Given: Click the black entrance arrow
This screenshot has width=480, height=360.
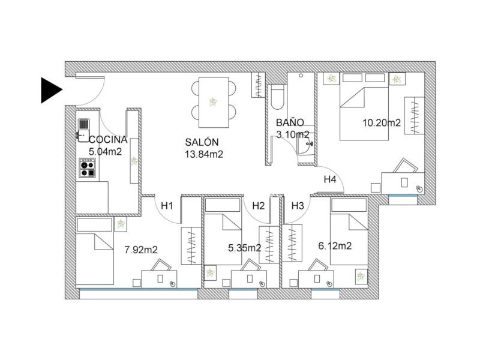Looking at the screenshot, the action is click(52, 90).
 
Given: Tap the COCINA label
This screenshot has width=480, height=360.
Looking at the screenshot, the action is click(108, 140).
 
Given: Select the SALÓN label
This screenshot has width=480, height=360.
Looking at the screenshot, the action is click(202, 142).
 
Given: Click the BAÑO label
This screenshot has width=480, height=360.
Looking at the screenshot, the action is click(290, 123).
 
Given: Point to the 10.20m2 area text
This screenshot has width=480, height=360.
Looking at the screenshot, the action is click(382, 123).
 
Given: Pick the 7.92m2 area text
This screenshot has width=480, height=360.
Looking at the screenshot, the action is click(141, 250).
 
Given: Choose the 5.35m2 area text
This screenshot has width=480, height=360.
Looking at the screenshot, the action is click(245, 248).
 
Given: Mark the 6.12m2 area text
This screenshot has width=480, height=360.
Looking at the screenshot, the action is click(335, 246).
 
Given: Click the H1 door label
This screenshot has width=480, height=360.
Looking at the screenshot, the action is click(167, 206).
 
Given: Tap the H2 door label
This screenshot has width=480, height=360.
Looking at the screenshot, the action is click(259, 206).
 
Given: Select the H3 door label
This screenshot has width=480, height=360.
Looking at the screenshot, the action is click(298, 206).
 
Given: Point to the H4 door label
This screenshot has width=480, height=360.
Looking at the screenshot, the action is click(330, 179).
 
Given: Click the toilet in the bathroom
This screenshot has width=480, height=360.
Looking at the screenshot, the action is click(277, 97).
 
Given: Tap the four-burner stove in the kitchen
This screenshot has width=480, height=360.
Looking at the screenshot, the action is click(87, 168).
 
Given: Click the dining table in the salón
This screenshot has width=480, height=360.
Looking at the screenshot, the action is click(214, 102).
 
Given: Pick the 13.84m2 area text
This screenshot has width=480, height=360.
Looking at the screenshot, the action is click(204, 154).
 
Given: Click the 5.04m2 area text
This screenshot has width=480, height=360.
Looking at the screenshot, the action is click(105, 152).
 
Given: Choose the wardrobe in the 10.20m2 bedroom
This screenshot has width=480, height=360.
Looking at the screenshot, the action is click(414, 115).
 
